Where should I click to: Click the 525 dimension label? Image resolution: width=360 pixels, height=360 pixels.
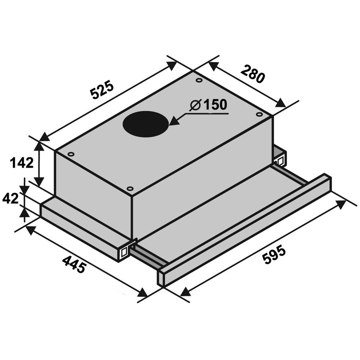(x=102, y=90)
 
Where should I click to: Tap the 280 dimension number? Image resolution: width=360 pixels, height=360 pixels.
(x=253, y=74)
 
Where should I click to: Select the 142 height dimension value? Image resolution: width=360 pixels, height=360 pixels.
(x=22, y=163)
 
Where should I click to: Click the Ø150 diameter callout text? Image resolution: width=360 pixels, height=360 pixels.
(x=208, y=105)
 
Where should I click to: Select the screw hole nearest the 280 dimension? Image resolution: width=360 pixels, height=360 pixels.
(x=259, y=114)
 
